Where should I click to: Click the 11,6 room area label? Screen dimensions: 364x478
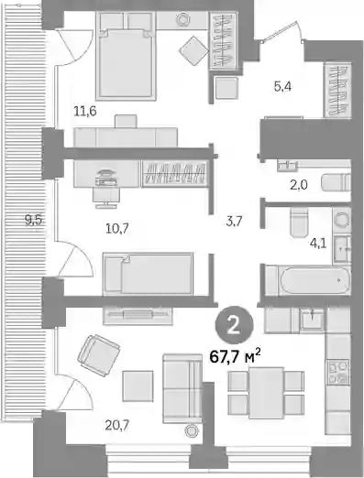click(85, 111)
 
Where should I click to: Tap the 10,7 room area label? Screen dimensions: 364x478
click(117, 228)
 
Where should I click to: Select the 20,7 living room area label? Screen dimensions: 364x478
click(116, 425)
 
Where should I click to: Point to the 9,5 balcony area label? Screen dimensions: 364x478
click(33, 220)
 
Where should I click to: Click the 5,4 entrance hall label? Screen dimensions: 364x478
click(282, 87)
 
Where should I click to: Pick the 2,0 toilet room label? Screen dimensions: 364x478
click(299, 185)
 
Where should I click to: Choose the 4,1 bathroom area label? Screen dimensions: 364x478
click(318, 244)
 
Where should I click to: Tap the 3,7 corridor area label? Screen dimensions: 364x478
click(234, 222)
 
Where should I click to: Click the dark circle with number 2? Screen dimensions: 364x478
click(235, 326)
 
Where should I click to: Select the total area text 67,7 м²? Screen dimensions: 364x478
click(235, 356)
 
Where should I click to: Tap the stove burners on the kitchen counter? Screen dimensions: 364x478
click(338, 372)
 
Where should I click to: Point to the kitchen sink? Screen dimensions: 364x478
click(312, 320)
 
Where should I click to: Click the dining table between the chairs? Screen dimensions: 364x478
click(266, 393)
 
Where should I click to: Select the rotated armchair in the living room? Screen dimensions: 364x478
click(98, 355)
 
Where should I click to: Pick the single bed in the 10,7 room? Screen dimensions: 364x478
click(148, 274)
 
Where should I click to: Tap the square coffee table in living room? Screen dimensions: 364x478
click(138, 386)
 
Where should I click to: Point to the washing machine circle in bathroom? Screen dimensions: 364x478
click(341, 219)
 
